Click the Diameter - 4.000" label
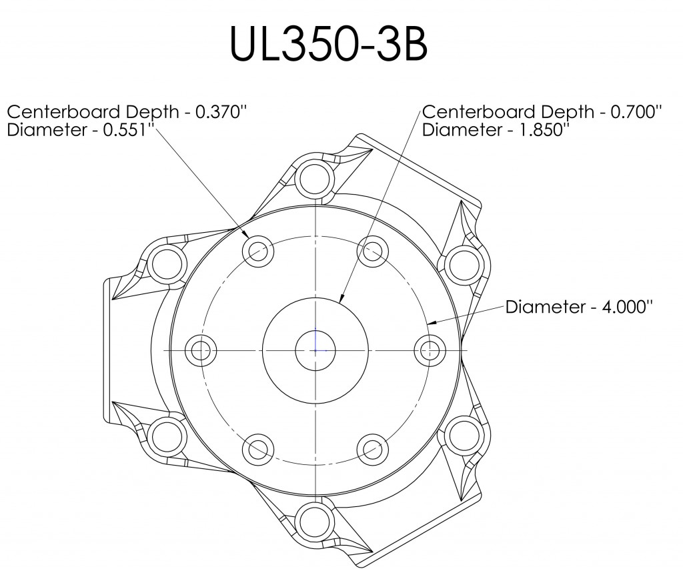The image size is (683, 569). pos(578,307)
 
